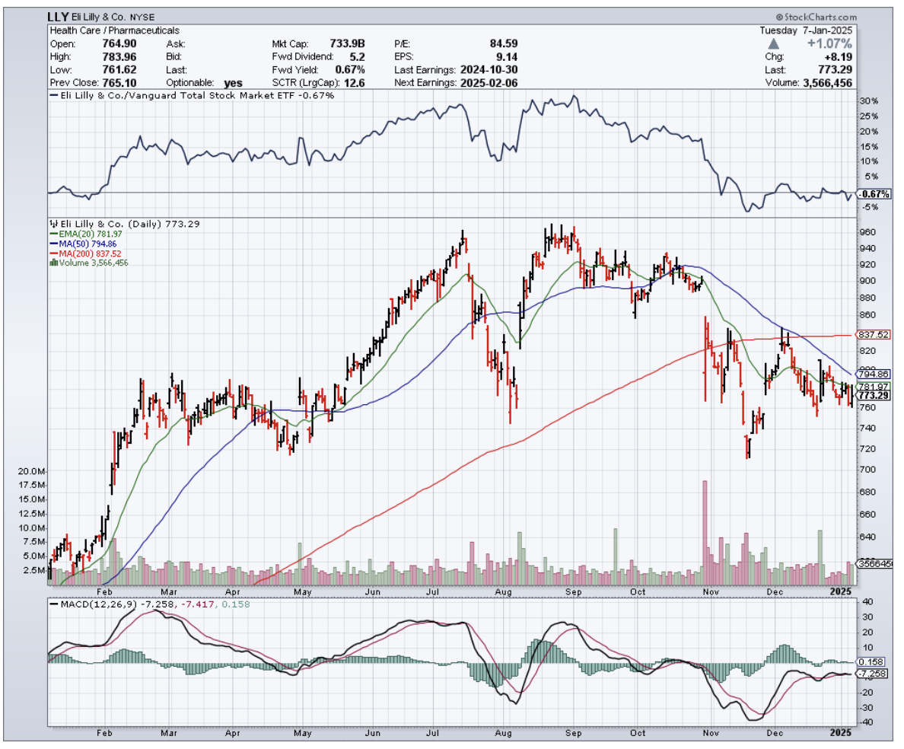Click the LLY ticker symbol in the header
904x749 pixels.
(x=59, y=16)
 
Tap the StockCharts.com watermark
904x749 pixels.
(x=817, y=17)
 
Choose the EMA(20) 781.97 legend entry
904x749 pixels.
(x=81, y=234)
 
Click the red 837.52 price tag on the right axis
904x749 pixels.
(x=873, y=334)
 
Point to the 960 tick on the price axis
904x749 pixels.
(x=867, y=232)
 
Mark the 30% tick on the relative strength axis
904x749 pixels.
(x=869, y=101)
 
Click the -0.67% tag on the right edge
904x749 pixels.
(x=873, y=194)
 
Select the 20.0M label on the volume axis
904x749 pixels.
(x=30, y=472)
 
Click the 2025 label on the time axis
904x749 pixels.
(x=839, y=591)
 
